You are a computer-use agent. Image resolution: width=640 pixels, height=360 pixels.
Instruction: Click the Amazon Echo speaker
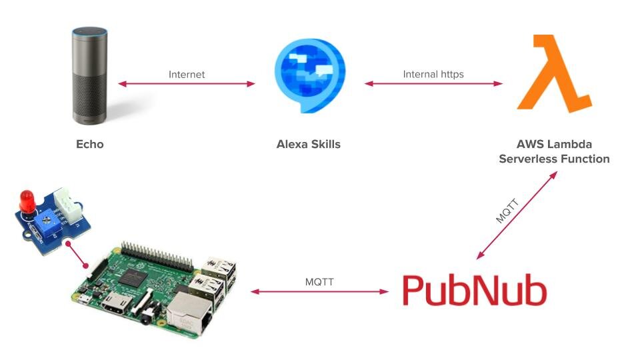coord(89,75)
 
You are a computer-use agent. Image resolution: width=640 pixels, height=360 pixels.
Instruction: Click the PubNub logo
coord(474,291)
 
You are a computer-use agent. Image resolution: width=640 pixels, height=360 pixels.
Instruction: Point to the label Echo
coord(90,144)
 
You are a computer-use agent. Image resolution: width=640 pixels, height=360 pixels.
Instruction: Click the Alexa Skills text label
coord(308,144)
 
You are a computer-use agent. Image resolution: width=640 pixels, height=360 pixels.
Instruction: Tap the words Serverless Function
coord(555,159)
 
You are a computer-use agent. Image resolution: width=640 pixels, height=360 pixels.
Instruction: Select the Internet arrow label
coord(187,74)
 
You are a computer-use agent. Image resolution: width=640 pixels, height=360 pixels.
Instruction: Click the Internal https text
coord(433,74)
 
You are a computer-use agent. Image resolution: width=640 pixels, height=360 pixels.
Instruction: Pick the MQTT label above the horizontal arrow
coord(319,282)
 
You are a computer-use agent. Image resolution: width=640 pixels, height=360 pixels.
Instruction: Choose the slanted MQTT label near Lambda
coord(507,210)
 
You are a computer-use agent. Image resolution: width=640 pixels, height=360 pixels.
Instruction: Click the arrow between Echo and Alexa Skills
coord(187,84)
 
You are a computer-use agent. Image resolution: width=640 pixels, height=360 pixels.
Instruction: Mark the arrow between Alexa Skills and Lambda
coord(433,84)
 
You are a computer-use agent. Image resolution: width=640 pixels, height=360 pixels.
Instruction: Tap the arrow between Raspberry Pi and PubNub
coord(319,291)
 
